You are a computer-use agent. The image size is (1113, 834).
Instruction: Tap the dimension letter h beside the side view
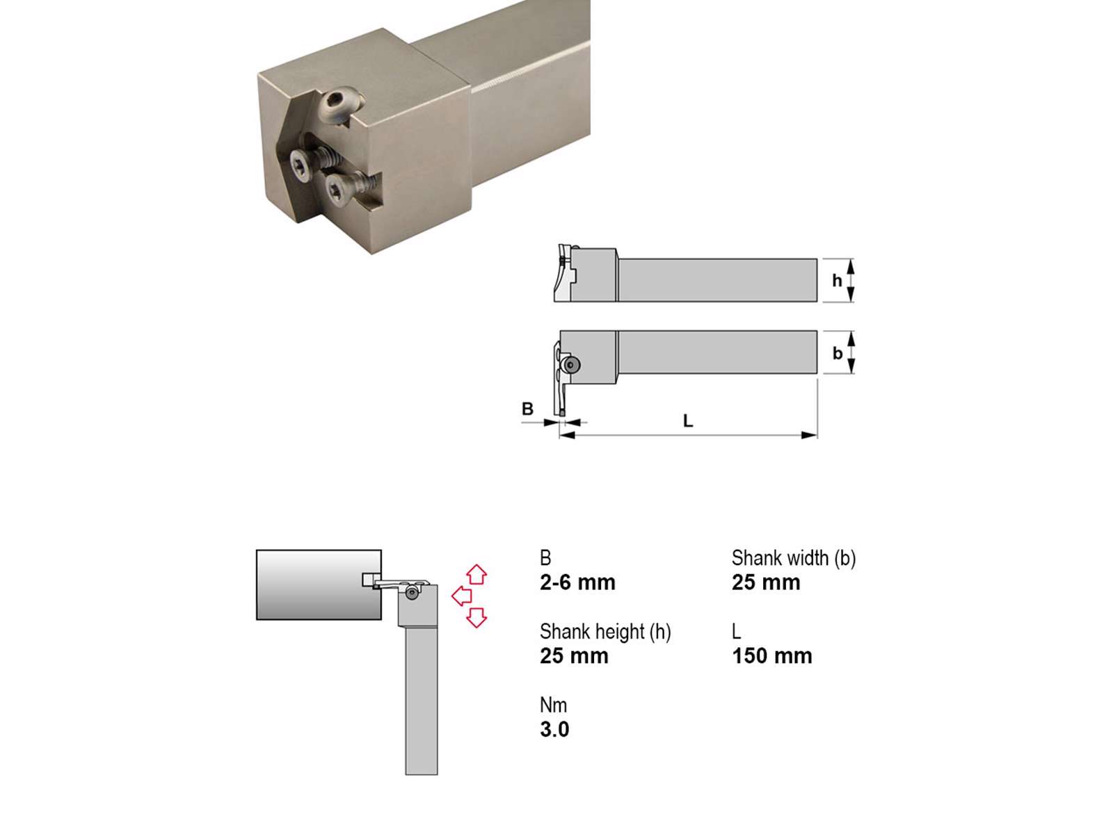click(x=837, y=281)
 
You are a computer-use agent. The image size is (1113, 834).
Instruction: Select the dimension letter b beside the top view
click(x=837, y=353)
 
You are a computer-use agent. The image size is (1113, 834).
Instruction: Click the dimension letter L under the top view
click(x=687, y=420)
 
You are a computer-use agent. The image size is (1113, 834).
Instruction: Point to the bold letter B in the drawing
click(x=527, y=409)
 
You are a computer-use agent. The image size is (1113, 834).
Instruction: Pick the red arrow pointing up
click(x=477, y=574)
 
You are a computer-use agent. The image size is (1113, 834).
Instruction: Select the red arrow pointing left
click(x=461, y=596)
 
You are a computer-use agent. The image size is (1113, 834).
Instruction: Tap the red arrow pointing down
click(x=477, y=617)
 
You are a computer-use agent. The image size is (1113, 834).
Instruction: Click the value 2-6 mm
click(x=577, y=583)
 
